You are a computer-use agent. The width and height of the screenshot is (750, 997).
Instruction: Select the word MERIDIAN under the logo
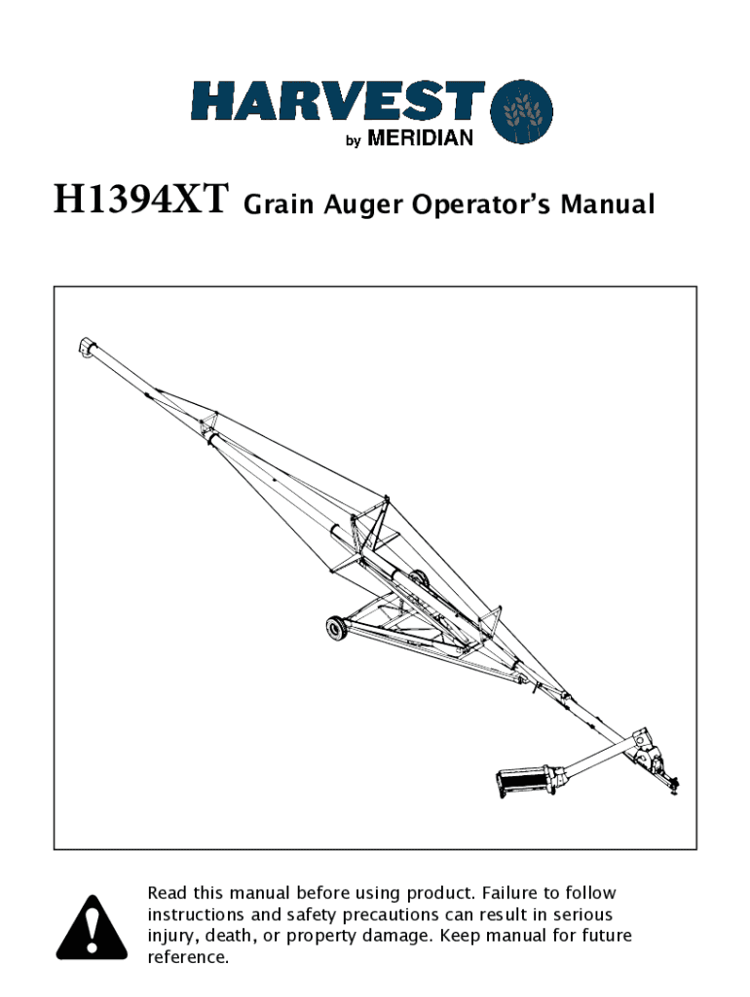pyautogui.click(x=420, y=139)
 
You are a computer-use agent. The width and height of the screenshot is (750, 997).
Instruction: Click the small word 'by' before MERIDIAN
pyautogui.click(x=353, y=141)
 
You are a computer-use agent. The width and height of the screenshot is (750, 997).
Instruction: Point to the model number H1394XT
pyautogui.click(x=140, y=203)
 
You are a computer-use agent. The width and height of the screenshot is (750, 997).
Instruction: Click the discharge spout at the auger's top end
pyautogui.click(x=87, y=347)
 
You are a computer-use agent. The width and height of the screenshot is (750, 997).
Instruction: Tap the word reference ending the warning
pyautogui.click(x=188, y=957)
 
